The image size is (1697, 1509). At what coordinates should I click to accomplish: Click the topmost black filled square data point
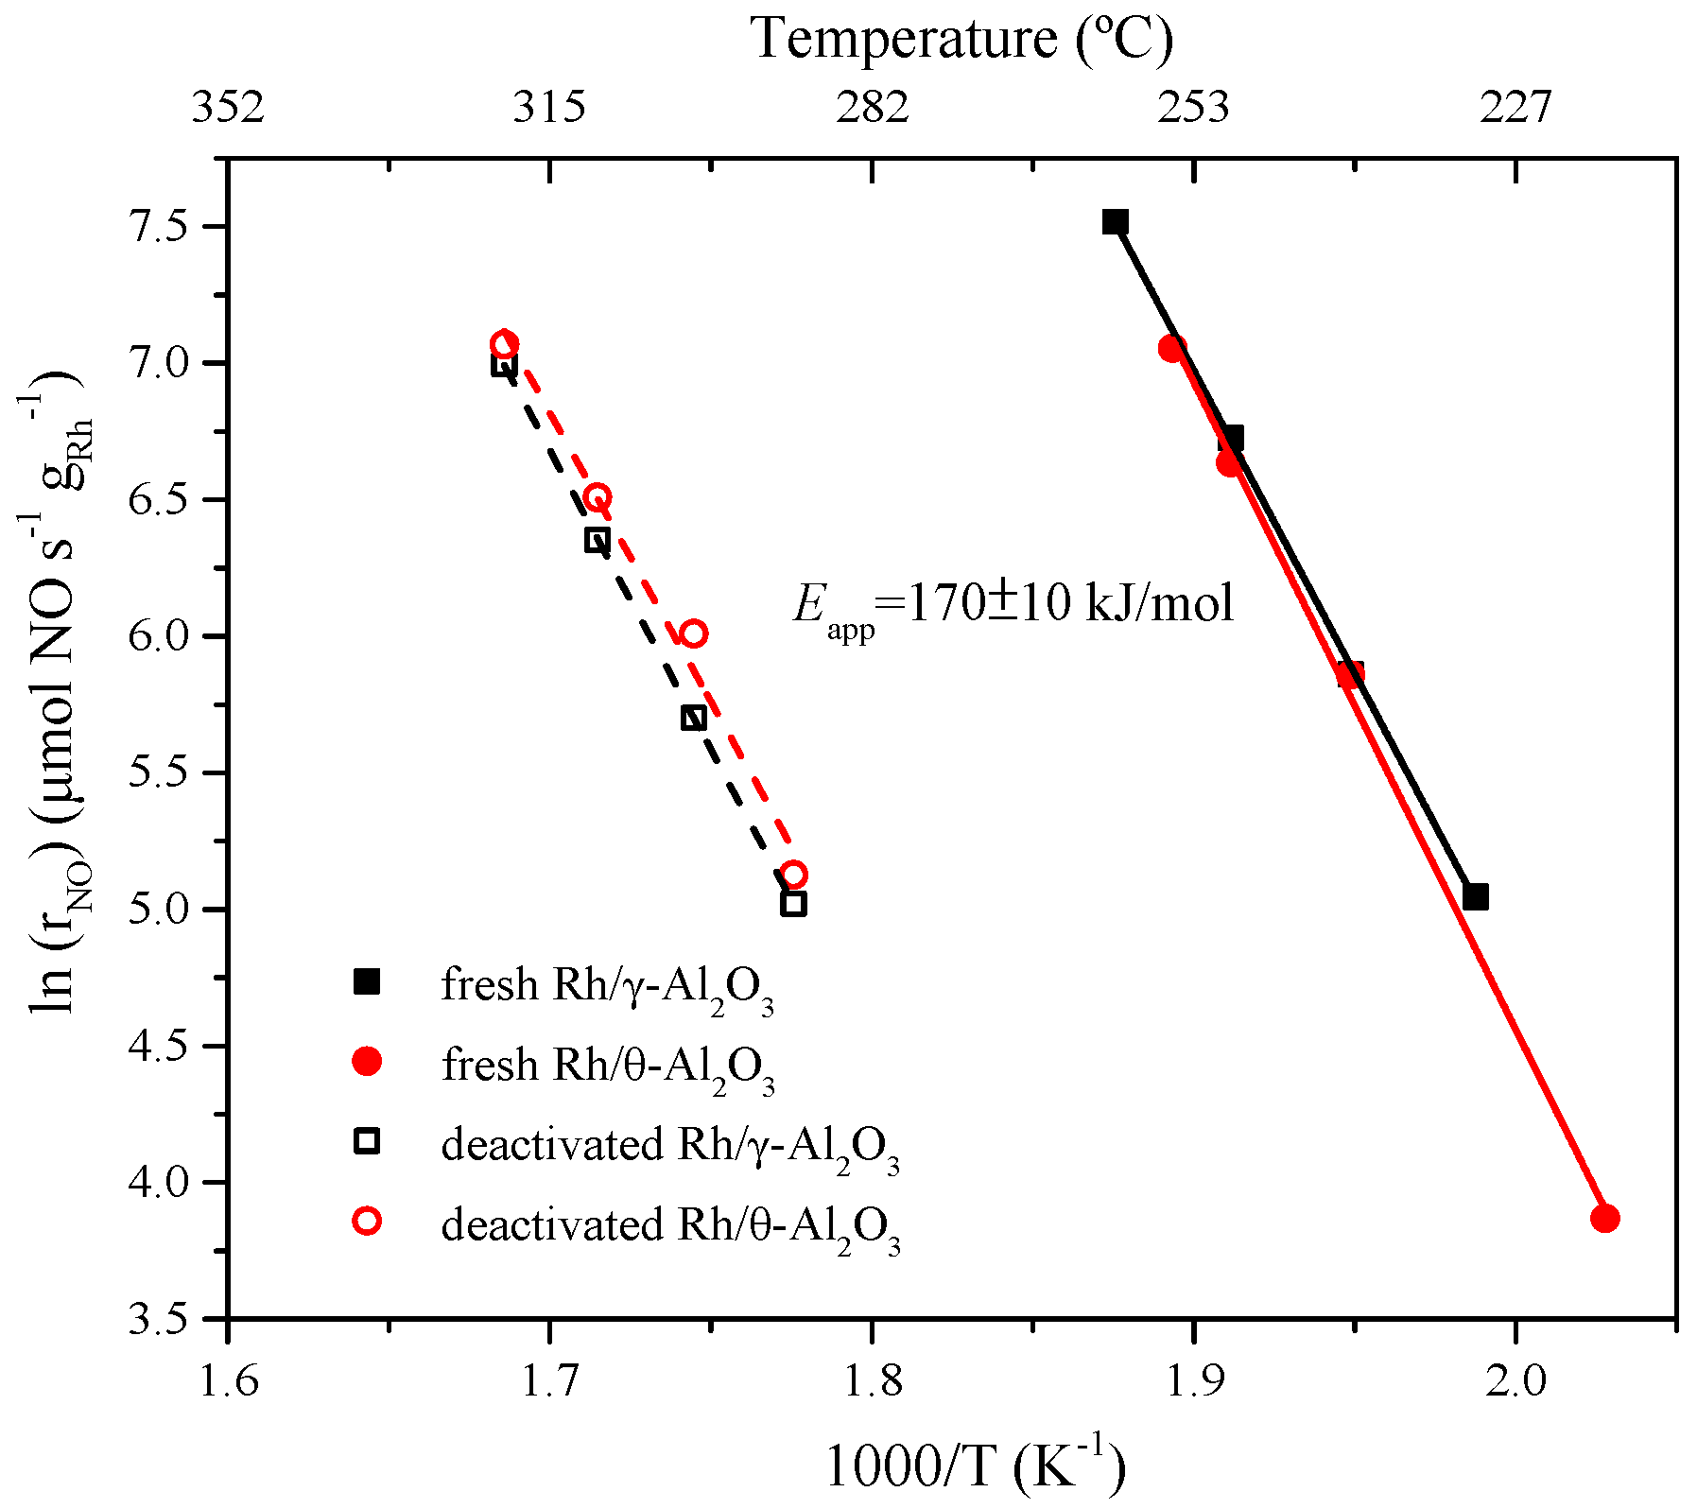tap(1116, 222)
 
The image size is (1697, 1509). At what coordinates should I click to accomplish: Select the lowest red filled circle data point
tap(1604, 1219)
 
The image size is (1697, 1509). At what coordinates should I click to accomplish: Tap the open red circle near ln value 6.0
tap(694, 633)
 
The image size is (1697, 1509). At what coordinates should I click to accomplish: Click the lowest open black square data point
tap(793, 904)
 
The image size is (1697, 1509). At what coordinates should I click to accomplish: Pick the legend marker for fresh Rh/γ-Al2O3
tap(367, 982)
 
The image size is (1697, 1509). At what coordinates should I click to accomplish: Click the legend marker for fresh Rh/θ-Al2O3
tap(367, 1062)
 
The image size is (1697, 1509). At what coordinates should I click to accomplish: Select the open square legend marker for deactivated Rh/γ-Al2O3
tap(367, 1141)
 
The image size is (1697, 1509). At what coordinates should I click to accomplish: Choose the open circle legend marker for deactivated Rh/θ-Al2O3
tap(367, 1222)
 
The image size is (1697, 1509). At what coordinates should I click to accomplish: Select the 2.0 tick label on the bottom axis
tap(1515, 1381)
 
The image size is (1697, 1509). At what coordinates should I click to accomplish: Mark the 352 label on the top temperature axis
tap(228, 108)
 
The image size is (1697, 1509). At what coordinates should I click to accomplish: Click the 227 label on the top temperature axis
tap(1515, 108)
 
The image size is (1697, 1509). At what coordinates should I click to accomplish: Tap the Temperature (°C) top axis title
tap(961, 40)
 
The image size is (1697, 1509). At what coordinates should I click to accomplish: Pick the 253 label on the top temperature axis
tap(1195, 108)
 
